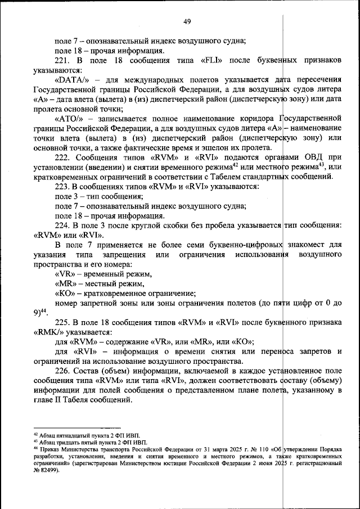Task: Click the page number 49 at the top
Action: coord(187,21)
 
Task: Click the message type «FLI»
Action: coord(211,61)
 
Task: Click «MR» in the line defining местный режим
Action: coord(66,283)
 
